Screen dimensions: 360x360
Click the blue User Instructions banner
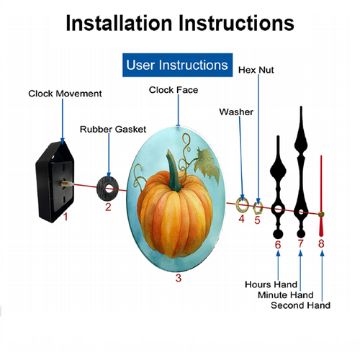[x=177, y=65]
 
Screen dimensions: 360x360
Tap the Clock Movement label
[x=65, y=94]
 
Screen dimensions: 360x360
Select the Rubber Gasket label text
[x=113, y=130]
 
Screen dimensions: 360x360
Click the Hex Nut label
[x=256, y=70]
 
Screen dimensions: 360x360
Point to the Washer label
[x=236, y=112]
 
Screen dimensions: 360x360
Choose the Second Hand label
[x=300, y=305]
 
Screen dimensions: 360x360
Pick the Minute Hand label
[x=286, y=295]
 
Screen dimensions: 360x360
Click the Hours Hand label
[x=271, y=284]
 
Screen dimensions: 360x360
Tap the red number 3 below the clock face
[x=178, y=278]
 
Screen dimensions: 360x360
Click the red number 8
[x=321, y=243]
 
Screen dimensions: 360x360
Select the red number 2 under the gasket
[x=108, y=207]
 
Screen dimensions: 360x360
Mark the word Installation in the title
[x=119, y=23]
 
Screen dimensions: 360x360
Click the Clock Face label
[x=174, y=90]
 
